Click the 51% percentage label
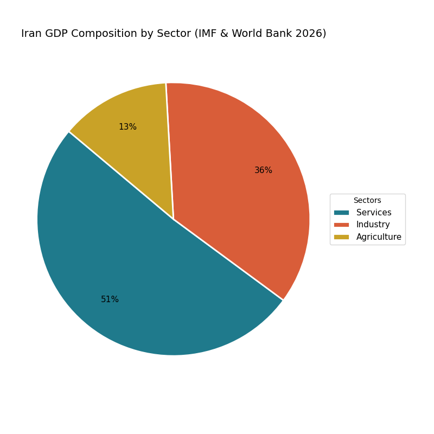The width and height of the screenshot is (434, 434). pyautogui.click(x=110, y=299)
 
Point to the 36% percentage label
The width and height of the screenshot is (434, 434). pyautogui.click(x=263, y=170)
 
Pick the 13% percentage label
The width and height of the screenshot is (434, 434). pyautogui.click(x=127, y=127)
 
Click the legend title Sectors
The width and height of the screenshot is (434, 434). pyautogui.click(x=367, y=201)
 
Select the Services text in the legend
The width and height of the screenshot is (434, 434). pyautogui.click(x=374, y=213)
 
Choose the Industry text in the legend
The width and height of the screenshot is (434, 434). pyautogui.click(x=373, y=225)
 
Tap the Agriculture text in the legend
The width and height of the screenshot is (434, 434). pyautogui.click(x=379, y=237)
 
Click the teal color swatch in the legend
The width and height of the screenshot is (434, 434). pyautogui.click(x=341, y=213)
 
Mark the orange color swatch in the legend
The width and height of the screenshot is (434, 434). pyautogui.click(x=341, y=225)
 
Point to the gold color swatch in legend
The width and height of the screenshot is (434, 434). pyautogui.click(x=341, y=237)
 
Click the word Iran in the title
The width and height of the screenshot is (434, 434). pyautogui.click(x=31, y=34)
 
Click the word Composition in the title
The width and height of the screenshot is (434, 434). pyautogui.click(x=104, y=34)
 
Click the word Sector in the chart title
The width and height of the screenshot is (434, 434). pyautogui.click(x=167, y=34)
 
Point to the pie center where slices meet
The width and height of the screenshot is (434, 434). pyautogui.click(x=174, y=219)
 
